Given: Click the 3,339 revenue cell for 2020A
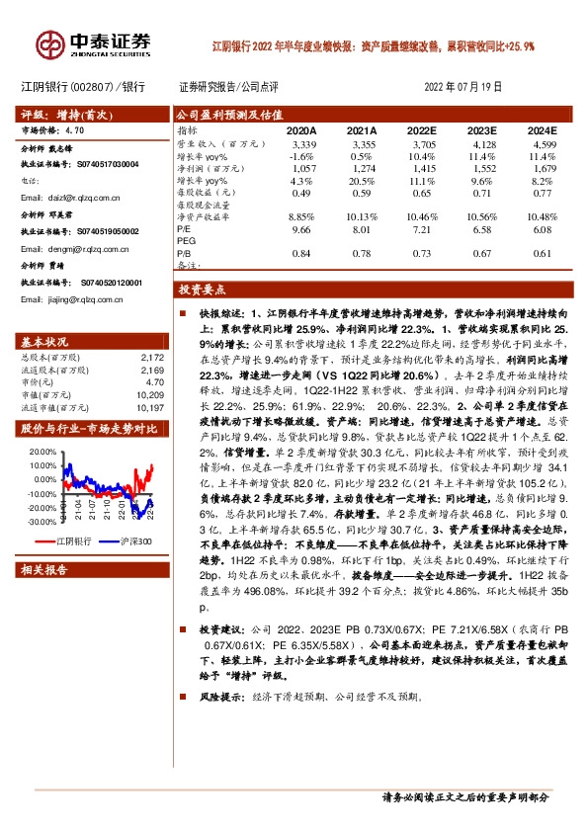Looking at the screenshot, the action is coord(302,145).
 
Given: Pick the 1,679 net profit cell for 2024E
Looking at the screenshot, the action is coord(545,169).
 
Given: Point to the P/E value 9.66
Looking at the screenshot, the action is coord(300,229).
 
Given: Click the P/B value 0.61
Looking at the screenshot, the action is coord(544,253).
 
